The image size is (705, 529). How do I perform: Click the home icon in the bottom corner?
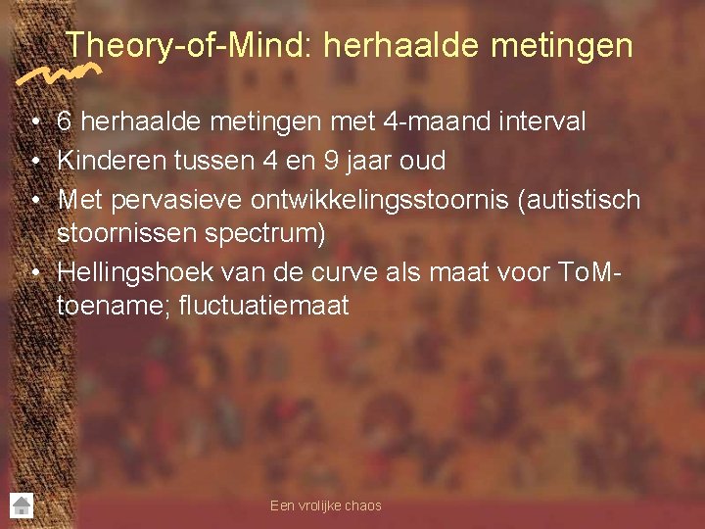click(x=22, y=505)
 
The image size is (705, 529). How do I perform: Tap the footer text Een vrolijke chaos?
click(x=325, y=505)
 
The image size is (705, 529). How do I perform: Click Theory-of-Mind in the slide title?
click(x=185, y=45)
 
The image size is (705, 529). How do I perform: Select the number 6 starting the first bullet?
click(x=65, y=121)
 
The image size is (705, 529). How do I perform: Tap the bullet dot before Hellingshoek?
click(x=34, y=271)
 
